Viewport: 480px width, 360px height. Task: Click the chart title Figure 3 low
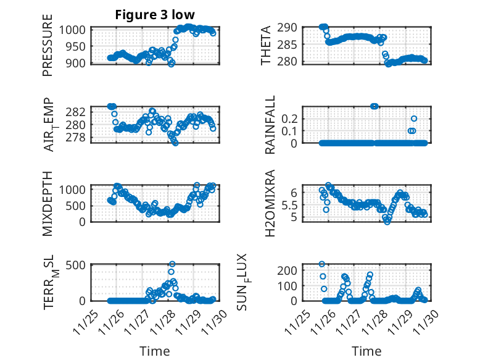click(x=154, y=16)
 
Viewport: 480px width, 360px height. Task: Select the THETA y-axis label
click(x=266, y=44)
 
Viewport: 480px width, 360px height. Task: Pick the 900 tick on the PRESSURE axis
click(x=78, y=62)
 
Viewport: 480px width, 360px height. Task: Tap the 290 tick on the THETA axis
click(x=292, y=28)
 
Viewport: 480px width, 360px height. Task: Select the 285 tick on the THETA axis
click(x=292, y=44)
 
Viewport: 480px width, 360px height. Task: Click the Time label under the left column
click(x=154, y=351)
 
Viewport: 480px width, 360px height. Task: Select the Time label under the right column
click(x=366, y=351)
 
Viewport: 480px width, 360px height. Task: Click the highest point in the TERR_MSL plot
click(x=172, y=264)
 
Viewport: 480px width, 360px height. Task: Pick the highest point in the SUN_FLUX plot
click(x=322, y=264)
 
